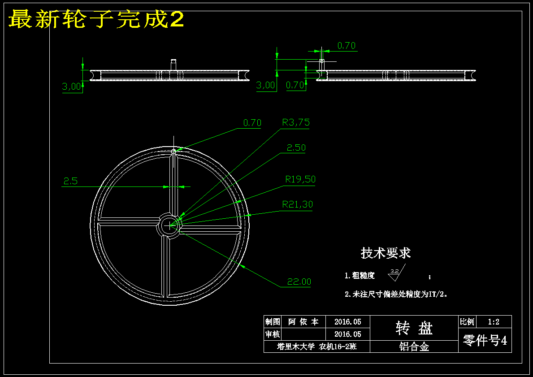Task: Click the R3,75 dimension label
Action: pyautogui.click(x=296, y=122)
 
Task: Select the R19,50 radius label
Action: pyautogui.click(x=300, y=179)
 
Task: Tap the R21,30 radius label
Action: pyautogui.click(x=298, y=204)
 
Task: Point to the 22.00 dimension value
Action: pyautogui.click(x=299, y=282)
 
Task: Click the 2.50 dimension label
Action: pyautogui.click(x=296, y=147)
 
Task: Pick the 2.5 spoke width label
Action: pyautogui.click(x=70, y=181)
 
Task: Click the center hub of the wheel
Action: pyautogui.click(x=169, y=225)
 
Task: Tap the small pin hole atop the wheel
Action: pyautogui.click(x=173, y=151)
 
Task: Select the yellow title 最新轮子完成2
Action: pyautogui.click(x=96, y=19)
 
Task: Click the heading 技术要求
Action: pyautogui.click(x=386, y=253)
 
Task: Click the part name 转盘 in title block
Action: pyautogui.click(x=414, y=328)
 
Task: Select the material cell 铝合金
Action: pyautogui.click(x=414, y=347)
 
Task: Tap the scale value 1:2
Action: pyautogui.click(x=494, y=321)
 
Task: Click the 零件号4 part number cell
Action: pyautogui.click(x=485, y=340)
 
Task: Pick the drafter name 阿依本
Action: pyautogui.click(x=303, y=321)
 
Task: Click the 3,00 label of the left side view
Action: pyautogui.click(x=72, y=87)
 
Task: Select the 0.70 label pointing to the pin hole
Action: pyautogui.click(x=252, y=123)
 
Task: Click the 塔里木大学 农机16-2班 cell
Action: pyautogui.click(x=317, y=347)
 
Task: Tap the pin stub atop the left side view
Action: pyautogui.click(x=173, y=65)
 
